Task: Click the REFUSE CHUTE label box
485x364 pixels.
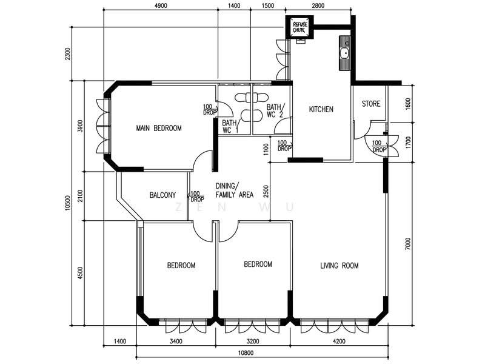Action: point(299,27)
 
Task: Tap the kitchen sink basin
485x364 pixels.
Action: point(344,53)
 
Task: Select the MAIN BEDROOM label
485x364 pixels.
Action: point(159,128)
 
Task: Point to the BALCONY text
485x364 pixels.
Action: point(162,195)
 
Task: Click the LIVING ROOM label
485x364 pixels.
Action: point(339,266)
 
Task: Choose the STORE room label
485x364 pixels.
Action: point(371,104)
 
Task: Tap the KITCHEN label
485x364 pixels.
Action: point(321,109)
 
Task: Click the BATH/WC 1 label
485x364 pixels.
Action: point(230,127)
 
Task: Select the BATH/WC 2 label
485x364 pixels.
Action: point(275,110)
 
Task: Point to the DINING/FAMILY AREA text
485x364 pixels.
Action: point(235,190)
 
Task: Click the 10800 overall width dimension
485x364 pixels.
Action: point(246,353)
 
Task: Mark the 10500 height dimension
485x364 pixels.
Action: point(68,203)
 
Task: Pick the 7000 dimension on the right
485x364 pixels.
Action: point(408,244)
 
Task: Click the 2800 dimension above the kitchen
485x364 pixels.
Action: point(318,5)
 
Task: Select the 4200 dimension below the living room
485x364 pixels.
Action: point(339,342)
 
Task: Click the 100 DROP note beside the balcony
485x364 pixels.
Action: point(197,197)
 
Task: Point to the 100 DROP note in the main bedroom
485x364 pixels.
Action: point(210,110)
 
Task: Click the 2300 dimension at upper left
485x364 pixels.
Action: point(68,54)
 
